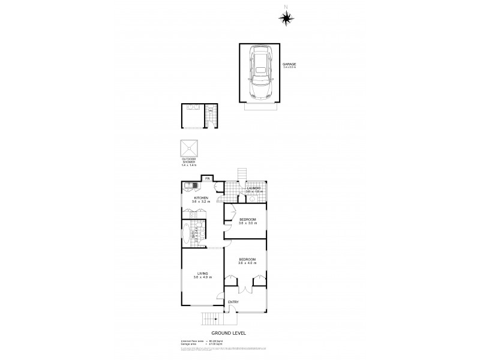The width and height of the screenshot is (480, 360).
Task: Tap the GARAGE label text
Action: [x=289, y=64]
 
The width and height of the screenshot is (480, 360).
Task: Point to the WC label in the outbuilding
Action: [x=211, y=110]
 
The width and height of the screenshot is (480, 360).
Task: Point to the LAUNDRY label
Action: [x=253, y=188]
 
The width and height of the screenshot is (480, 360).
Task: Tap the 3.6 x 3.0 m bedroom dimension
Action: [x=247, y=223]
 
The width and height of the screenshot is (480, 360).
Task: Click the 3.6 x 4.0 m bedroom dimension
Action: [x=247, y=263]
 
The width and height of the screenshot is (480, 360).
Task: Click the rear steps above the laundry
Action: [x=242, y=175]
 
